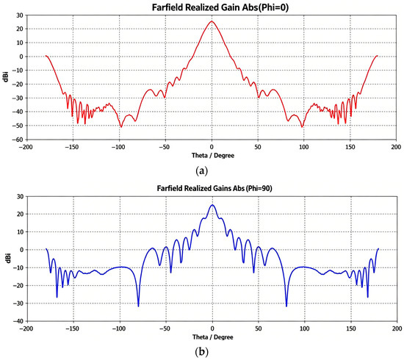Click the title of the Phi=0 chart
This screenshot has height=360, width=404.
(x=220, y=7)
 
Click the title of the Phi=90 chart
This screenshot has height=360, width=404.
(x=214, y=188)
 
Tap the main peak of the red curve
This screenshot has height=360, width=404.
(x=212, y=21)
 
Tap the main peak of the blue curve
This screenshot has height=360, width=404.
(x=212, y=205)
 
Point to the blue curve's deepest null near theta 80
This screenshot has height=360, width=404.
(x=286, y=306)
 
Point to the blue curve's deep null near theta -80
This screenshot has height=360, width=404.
(x=138, y=306)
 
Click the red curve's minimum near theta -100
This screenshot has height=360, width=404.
(x=121, y=127)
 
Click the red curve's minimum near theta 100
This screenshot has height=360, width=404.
(x=302, y=127)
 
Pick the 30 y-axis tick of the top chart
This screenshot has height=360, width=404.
(x=21, y=15)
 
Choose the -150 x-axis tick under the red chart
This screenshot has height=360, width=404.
(x=73, y=147)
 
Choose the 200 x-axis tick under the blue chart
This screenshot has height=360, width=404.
(x=397, y=328)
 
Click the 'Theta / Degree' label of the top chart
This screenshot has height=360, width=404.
(x=213, y=156)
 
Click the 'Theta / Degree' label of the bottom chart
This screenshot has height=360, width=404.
(x=213, y=337)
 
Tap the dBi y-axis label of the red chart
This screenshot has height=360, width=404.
(x=5, y=77)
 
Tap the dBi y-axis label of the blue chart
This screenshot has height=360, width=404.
(x=9, y=259)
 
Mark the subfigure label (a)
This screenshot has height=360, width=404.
(x=202, y=170)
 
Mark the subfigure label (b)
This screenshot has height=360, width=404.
(x=202, y=352)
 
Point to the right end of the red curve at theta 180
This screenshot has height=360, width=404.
(x=378, y=56)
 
